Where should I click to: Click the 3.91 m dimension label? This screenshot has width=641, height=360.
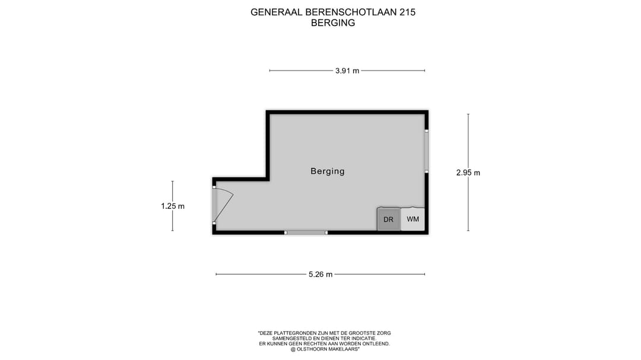click(347, 71)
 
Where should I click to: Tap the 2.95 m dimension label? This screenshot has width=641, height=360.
click(468, 173)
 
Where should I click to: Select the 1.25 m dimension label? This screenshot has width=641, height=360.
click(173, 206)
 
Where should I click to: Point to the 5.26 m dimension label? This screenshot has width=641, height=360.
click(320, 274)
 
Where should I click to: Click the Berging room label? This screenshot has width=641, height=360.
click(327, 171)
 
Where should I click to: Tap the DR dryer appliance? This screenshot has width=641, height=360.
click(389, 219)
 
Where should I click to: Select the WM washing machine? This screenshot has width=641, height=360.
click(413, 219)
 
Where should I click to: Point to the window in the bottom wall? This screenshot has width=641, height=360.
click(306, 232)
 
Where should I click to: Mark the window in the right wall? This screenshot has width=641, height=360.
click(426, 151)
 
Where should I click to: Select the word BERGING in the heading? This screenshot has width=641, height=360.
click(333, 23)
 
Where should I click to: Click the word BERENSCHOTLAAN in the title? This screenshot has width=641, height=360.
click(342, 12)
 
